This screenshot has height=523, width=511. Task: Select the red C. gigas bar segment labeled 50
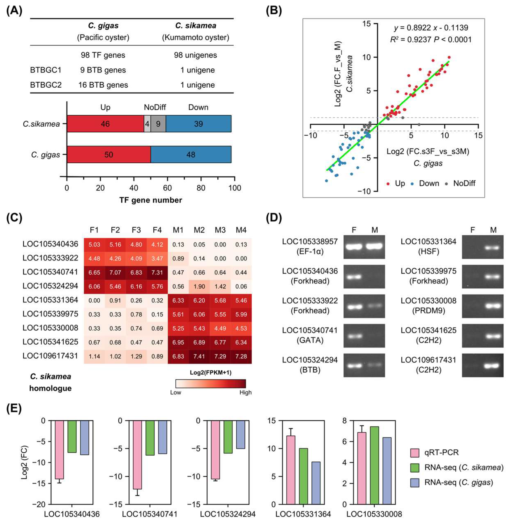click(x=109, y=155)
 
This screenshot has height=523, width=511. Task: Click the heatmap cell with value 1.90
click(x=199, y=287)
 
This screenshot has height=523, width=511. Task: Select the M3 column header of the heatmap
click(x=220, y=230)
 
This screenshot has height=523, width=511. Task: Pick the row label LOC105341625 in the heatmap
click(x=51, y=342)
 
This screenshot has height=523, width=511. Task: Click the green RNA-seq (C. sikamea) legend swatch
click(x=415, y=468)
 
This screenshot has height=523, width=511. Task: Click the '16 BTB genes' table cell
click(x=103, y=85)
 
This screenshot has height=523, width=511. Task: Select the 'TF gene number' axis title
click(x=151, y=200)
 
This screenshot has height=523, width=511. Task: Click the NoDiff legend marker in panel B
click(x=446, y=184)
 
